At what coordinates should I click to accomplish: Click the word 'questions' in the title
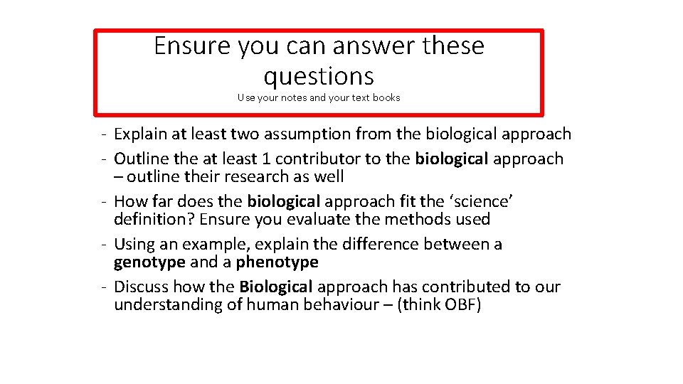(x=318, y=75)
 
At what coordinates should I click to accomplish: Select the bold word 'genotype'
(x=149, y=262)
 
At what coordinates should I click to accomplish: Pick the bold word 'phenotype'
(x=277, y=262)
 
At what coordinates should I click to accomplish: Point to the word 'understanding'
(x=162, y=304)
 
